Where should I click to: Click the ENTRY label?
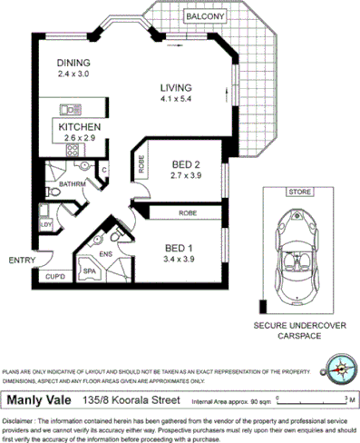22,261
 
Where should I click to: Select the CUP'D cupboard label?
55,275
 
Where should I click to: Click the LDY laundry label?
44,222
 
